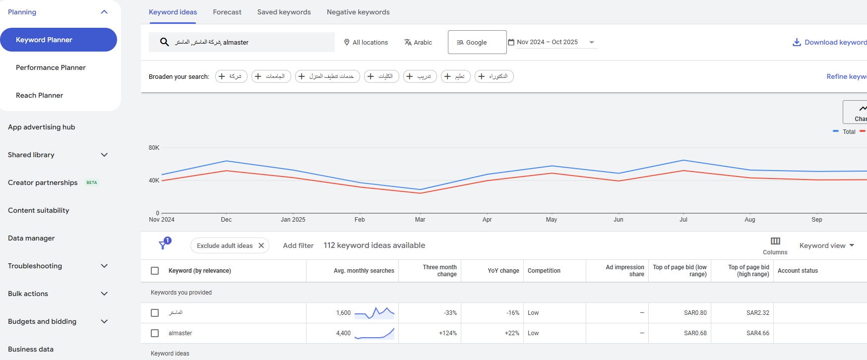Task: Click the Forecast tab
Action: pyautogui.click(x=227, y=12)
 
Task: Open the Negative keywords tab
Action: pyautogui.click(x=358, y=12)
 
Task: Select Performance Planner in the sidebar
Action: pyautogui.click(x=51, y=67)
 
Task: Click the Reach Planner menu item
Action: pyautogui.click(x=39, y=95)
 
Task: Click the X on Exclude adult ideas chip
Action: pyautogui.click(x=261, y=245)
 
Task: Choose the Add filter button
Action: pyautogui.click(x=298, y=245)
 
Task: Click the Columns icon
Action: pyautogui.click(x=775, y=241)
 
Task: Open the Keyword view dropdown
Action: pyautogui.click(x=826, y=245)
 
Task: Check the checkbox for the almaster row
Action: pyautogui.click(x=155, y=333)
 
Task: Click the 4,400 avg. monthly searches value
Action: pyautogui.click(x=343, y=333)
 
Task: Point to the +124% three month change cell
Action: pyautogui.click(x=447, y=333)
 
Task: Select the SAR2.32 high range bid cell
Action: pyautogui.click(x=757, y=313)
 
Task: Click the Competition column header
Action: pyautogui.click(x=544, y=271)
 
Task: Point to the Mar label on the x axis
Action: pyautogui.click(x=420, y=220)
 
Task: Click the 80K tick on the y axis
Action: pyautogui.click(x=154, y=148)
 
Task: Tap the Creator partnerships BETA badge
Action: pyautogui.click(x=92, y=182)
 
